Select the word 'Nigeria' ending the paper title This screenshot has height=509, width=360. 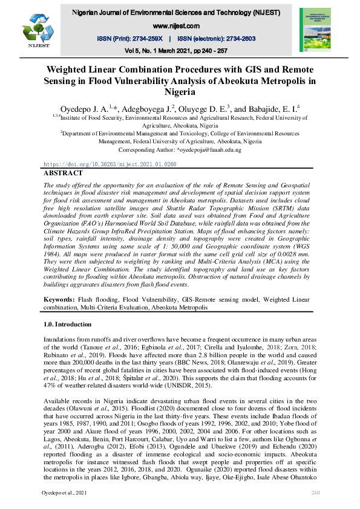point(180,92)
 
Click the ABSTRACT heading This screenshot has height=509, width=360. point(63,173)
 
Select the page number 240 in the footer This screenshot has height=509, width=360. point(315,494)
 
